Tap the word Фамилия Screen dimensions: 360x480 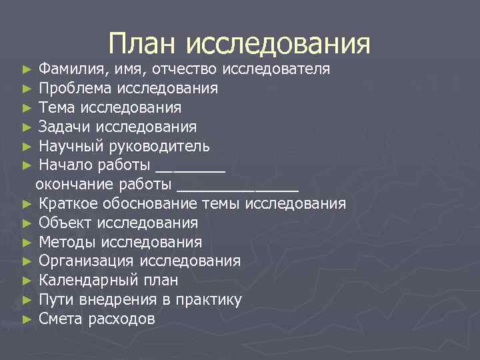pos(67,69)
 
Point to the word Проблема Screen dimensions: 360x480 pos(75,88)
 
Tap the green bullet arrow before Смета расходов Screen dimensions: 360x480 pos(27,319)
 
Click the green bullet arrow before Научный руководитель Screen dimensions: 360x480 pos(27,146)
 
